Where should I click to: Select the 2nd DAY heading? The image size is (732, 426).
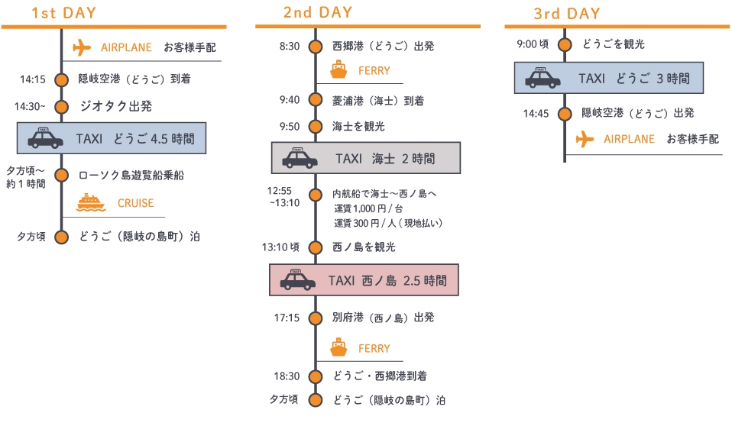coord(317,13)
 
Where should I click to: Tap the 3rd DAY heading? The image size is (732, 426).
coord(567,15)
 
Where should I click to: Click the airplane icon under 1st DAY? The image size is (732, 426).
coord(82,47)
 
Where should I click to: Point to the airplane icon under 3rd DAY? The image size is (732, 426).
coord(585,139)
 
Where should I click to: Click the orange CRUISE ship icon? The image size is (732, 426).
coord(91,202)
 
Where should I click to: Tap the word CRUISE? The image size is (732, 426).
coord(135,203)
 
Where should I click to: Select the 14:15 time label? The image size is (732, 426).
coord(33,79)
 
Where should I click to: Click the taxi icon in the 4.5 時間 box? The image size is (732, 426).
coord(46,138)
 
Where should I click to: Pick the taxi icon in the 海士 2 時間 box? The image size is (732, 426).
coord(300,158)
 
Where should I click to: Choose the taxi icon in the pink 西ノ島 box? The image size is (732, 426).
coord(297,279)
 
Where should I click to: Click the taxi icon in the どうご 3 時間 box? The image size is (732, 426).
coord(543,78)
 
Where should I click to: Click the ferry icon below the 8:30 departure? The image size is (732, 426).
coord(338,70)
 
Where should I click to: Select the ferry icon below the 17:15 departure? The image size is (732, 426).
coord(338,348)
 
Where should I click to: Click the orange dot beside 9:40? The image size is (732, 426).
coord(315,100)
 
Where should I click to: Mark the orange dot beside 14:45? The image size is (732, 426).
coord(565,114)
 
